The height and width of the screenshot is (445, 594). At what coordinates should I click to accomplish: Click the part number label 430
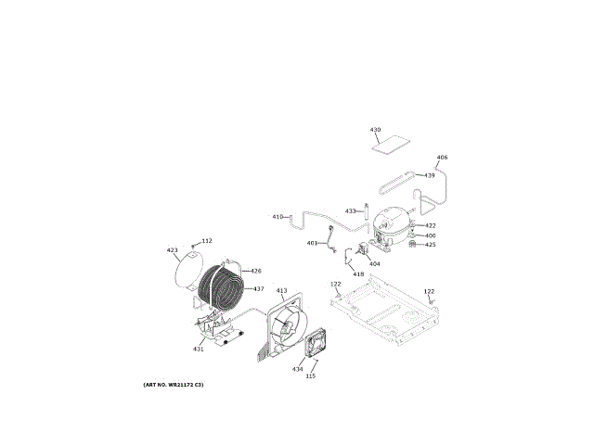pos(375,130)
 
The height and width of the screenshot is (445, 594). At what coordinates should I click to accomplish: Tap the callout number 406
pos(442,158)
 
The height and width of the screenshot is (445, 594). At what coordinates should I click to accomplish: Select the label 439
pos(430,175)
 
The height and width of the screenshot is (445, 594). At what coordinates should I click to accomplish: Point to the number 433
pos(351,211)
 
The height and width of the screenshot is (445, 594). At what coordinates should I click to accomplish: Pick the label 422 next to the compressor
pos(431,225)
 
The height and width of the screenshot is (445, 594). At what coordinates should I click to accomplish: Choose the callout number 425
pos(431,245)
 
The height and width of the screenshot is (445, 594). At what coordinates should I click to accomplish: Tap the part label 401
pos(312,243)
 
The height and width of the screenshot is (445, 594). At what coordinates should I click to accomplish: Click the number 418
pos(358,274)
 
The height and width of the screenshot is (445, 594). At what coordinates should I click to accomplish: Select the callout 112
pos(207,241)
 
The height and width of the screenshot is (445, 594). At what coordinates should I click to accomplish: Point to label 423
pos(172,250)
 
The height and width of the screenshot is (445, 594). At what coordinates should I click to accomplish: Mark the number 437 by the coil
pos(259,288)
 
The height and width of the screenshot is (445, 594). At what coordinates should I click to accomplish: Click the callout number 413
pos(281,291)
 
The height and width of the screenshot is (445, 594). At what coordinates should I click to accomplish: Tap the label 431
pos(199,349)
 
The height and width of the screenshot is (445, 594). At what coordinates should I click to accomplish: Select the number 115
pos(311,375)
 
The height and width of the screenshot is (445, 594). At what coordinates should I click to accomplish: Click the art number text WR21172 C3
pos(174,384)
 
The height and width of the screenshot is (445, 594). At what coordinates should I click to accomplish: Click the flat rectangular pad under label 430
pos(391,145)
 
